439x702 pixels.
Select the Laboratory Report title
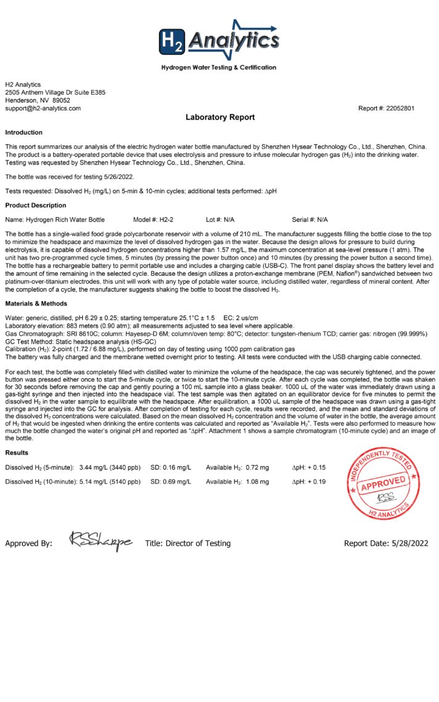pos(219,117)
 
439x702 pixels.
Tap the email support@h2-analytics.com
pos(43,108)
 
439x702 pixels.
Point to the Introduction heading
pos(24,133)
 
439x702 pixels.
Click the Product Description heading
pos(35,205)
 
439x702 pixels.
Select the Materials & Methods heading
pos(36,304)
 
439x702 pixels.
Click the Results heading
pos(17,453)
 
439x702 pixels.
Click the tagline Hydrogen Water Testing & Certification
pos(219,67)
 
